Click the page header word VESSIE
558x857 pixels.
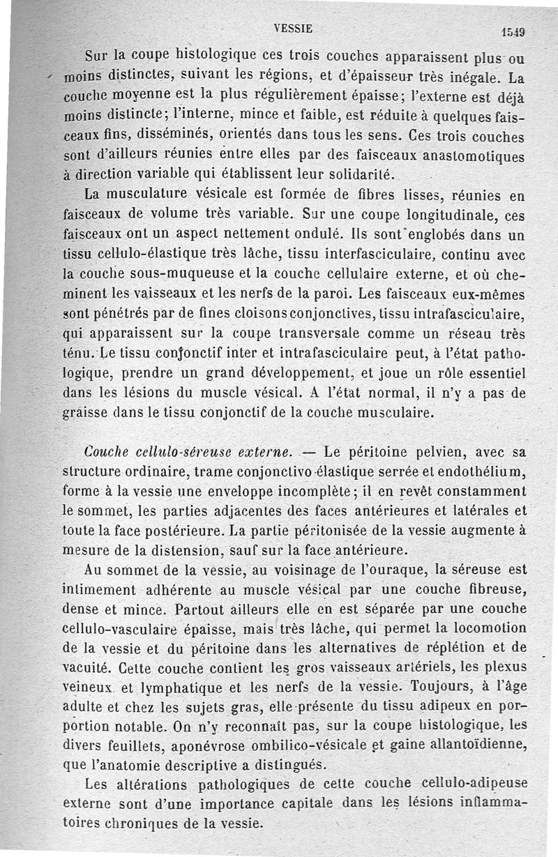pyautogui.click(x=293, y=29)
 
